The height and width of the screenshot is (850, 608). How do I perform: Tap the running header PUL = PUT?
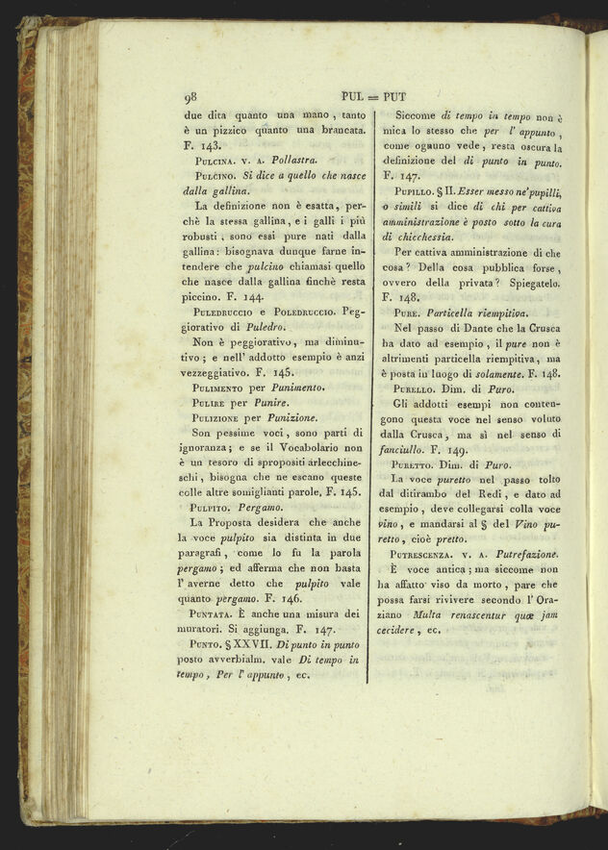370,96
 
